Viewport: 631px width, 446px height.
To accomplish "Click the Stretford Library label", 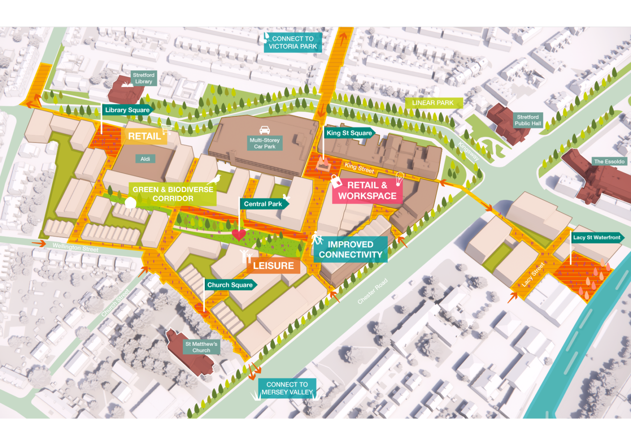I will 144,78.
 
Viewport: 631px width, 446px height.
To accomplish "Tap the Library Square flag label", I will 127,110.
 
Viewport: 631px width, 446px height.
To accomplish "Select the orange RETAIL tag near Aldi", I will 144,136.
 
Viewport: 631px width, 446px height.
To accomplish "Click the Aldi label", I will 145,159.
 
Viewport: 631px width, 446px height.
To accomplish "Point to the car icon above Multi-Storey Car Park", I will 265,130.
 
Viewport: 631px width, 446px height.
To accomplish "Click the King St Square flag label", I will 349,133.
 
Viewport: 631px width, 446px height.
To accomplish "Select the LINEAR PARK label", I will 433,103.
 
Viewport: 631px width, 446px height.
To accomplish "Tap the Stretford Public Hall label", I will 527,120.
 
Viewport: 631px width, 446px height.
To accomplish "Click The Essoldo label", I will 609,161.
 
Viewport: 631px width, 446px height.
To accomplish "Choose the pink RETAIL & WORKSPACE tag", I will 367,191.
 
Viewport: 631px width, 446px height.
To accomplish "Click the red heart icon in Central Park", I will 239,235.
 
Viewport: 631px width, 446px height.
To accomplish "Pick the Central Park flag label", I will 263,204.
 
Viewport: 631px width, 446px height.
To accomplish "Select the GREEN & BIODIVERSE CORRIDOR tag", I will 173,194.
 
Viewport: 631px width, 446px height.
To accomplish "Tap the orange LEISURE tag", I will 273,266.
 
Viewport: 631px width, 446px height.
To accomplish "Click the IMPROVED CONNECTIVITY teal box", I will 350,250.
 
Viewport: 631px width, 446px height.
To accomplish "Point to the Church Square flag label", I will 230,285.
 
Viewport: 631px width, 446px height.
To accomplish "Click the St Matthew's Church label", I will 201,347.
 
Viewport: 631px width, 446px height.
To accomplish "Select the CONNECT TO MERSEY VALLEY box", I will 287,389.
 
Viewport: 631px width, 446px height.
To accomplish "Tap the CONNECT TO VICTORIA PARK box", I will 293,43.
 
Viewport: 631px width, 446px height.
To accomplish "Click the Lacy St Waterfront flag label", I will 596,238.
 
